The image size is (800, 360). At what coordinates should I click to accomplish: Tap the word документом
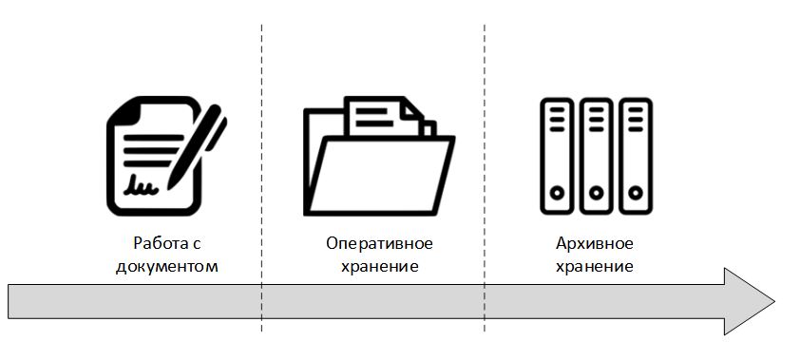pos(166,265)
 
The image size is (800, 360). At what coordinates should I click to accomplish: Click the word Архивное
pos(594,243)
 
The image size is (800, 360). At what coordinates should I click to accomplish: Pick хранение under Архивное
pos(594,265)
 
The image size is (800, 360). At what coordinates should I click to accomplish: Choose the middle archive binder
pos(595,157)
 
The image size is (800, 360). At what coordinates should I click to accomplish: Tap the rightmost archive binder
pos(635,157)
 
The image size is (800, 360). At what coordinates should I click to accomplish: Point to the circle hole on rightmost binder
pos(635,192)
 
